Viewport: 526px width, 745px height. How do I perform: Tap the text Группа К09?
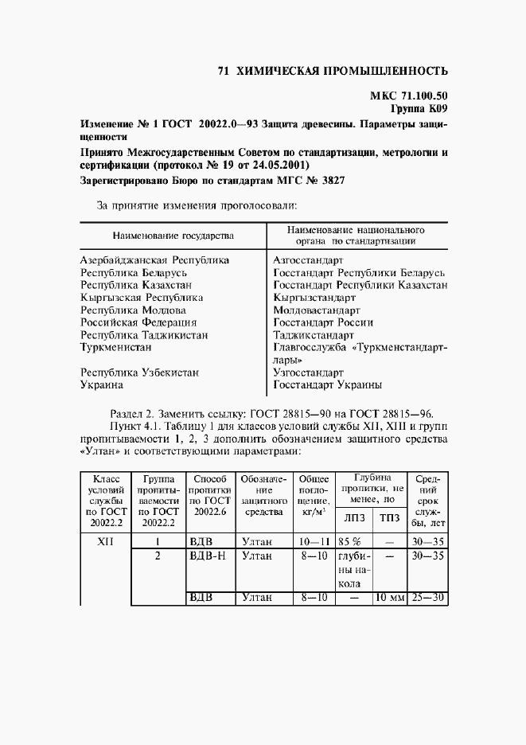click(x=419, y=107)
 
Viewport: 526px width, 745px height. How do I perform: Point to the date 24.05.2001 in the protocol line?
click(x=279, y=165)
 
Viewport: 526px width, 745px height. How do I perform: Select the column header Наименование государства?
click(x=173, y=236)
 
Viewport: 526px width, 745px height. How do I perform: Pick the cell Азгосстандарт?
click(x=308, y=260)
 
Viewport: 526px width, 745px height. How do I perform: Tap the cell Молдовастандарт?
click(x=316, y=310)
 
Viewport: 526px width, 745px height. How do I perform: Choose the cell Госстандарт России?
click(x=322, y=322)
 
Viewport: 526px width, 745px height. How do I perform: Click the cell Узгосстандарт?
click(x=308, y=372)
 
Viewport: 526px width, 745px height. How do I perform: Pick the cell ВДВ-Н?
click(x=208, y=556)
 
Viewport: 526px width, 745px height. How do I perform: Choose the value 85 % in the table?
click(x=350, y=541)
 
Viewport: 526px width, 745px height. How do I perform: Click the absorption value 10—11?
click(x=313, y=541)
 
